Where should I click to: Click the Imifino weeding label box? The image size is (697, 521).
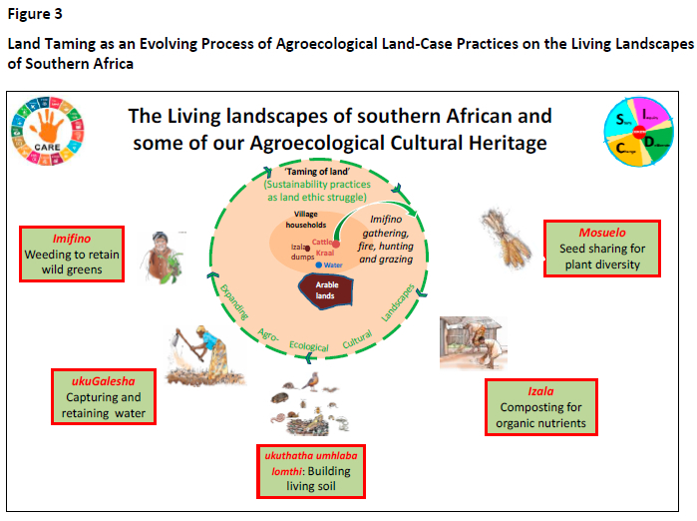(73, 255)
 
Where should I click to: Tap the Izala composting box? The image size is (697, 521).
(540, 408)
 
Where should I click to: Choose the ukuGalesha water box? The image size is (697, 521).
(104, 396)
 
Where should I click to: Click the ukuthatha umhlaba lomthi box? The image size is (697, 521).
(310, 470)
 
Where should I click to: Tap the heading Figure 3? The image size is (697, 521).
(34, 14)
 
